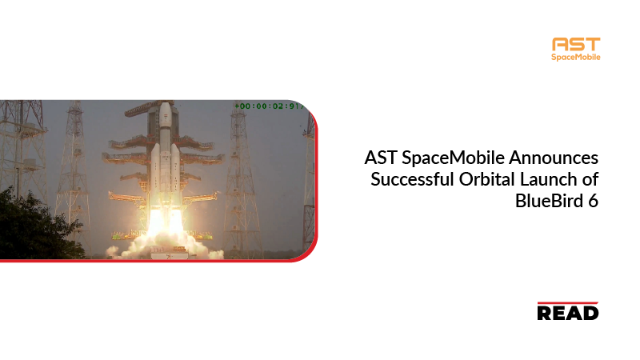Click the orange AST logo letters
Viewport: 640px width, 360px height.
coord(576,44)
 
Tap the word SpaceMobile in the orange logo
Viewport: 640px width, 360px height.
coord(576,57)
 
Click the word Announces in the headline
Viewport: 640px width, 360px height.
coord(553,158)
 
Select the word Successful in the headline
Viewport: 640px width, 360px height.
coord(412,179)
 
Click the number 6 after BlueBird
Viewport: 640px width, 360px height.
coord(593,201)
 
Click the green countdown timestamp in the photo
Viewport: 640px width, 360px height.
coord(270,106)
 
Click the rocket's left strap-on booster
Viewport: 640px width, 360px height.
coord(155,171)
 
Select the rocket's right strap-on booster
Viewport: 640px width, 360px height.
coord(175,171)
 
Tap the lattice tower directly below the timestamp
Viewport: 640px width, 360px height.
coord(243,179)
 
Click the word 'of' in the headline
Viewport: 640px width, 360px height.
coord(590,179)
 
